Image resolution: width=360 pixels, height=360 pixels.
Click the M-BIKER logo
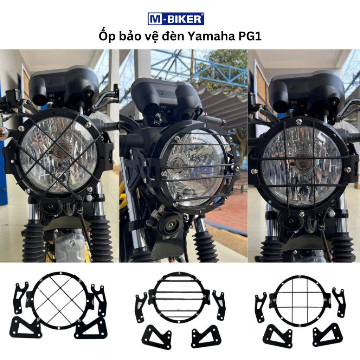coord(176,19)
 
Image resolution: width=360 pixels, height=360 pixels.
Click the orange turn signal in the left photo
coord(4,133)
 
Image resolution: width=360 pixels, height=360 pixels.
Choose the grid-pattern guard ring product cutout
coord(300,301)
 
